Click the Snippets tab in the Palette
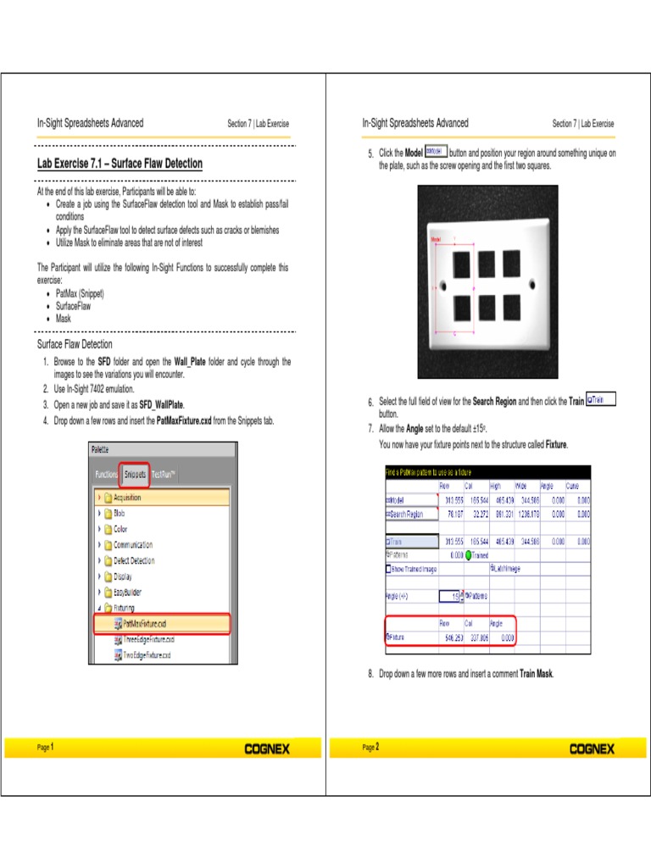(135, 475)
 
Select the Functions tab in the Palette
(107, 475)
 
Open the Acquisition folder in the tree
(127, 498)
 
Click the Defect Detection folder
(134, 560)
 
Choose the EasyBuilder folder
(130, 592)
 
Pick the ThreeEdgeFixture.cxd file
(149, 638)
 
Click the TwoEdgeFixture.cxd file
(147, 654)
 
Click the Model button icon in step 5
(435, 151)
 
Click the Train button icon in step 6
(601, 398)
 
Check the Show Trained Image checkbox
(389, 569)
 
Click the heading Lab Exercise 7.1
(120, 164)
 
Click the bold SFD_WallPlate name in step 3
(161, 405)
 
